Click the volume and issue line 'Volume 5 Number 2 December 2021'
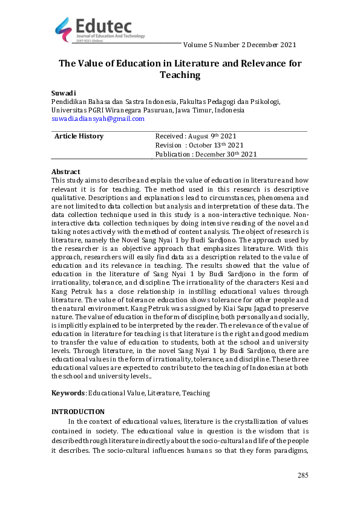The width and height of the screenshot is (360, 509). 239,45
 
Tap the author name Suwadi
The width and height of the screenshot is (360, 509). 63,94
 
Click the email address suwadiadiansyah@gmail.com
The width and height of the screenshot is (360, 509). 97,119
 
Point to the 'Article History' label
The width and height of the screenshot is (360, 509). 79,136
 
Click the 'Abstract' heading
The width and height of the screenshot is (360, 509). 66,172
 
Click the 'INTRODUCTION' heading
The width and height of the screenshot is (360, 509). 78,412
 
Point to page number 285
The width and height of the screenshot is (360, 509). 303,476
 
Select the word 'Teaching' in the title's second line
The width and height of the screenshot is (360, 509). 180,75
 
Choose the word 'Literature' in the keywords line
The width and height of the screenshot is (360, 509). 162,393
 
